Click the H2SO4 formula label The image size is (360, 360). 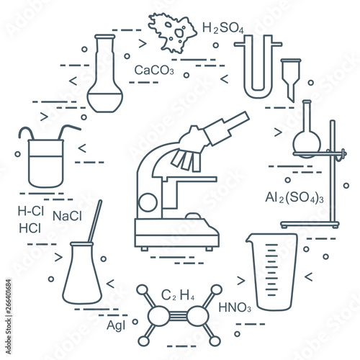pyautogui.click(x=223, y=28)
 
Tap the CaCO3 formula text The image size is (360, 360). pyautogui.click(x=154, y=70)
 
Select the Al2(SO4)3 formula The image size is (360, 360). pyautogui.click(x=294, y=198)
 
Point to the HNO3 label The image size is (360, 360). pyautogui.click(x=235, y=307)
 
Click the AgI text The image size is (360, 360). pyautogui.click(x=116, y=325)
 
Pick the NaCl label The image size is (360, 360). pyautogui.click(x=67, y=216)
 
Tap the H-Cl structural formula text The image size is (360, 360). pyautogui.click(x=31, y=211)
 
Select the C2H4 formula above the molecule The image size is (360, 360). pyautogui.click(x=178, y=295)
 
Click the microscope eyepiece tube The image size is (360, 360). pyautogui.click(x=227, y=128)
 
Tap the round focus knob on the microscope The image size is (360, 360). pyautogui.click(x=148, y=202)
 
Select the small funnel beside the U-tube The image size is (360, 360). pyautogui.click(x=291, y=80)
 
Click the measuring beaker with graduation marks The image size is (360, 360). pyautogui.click(x=272, y=272)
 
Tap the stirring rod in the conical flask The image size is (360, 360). pyautogui.click(x=95, y=221)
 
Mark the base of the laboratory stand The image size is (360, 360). pyautogui.click(x=310, y=225)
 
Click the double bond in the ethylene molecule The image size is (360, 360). pyautogui.click(x=178, y=315)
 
